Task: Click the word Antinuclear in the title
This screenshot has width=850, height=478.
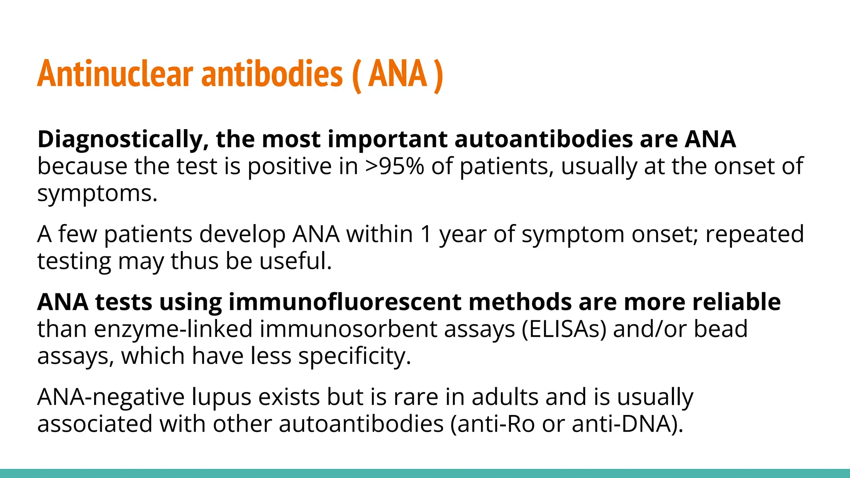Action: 115,74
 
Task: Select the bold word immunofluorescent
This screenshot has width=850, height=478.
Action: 344,302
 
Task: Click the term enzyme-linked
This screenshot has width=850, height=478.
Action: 173,329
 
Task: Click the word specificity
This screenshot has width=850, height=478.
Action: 354,356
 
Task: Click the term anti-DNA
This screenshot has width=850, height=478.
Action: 627,424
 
